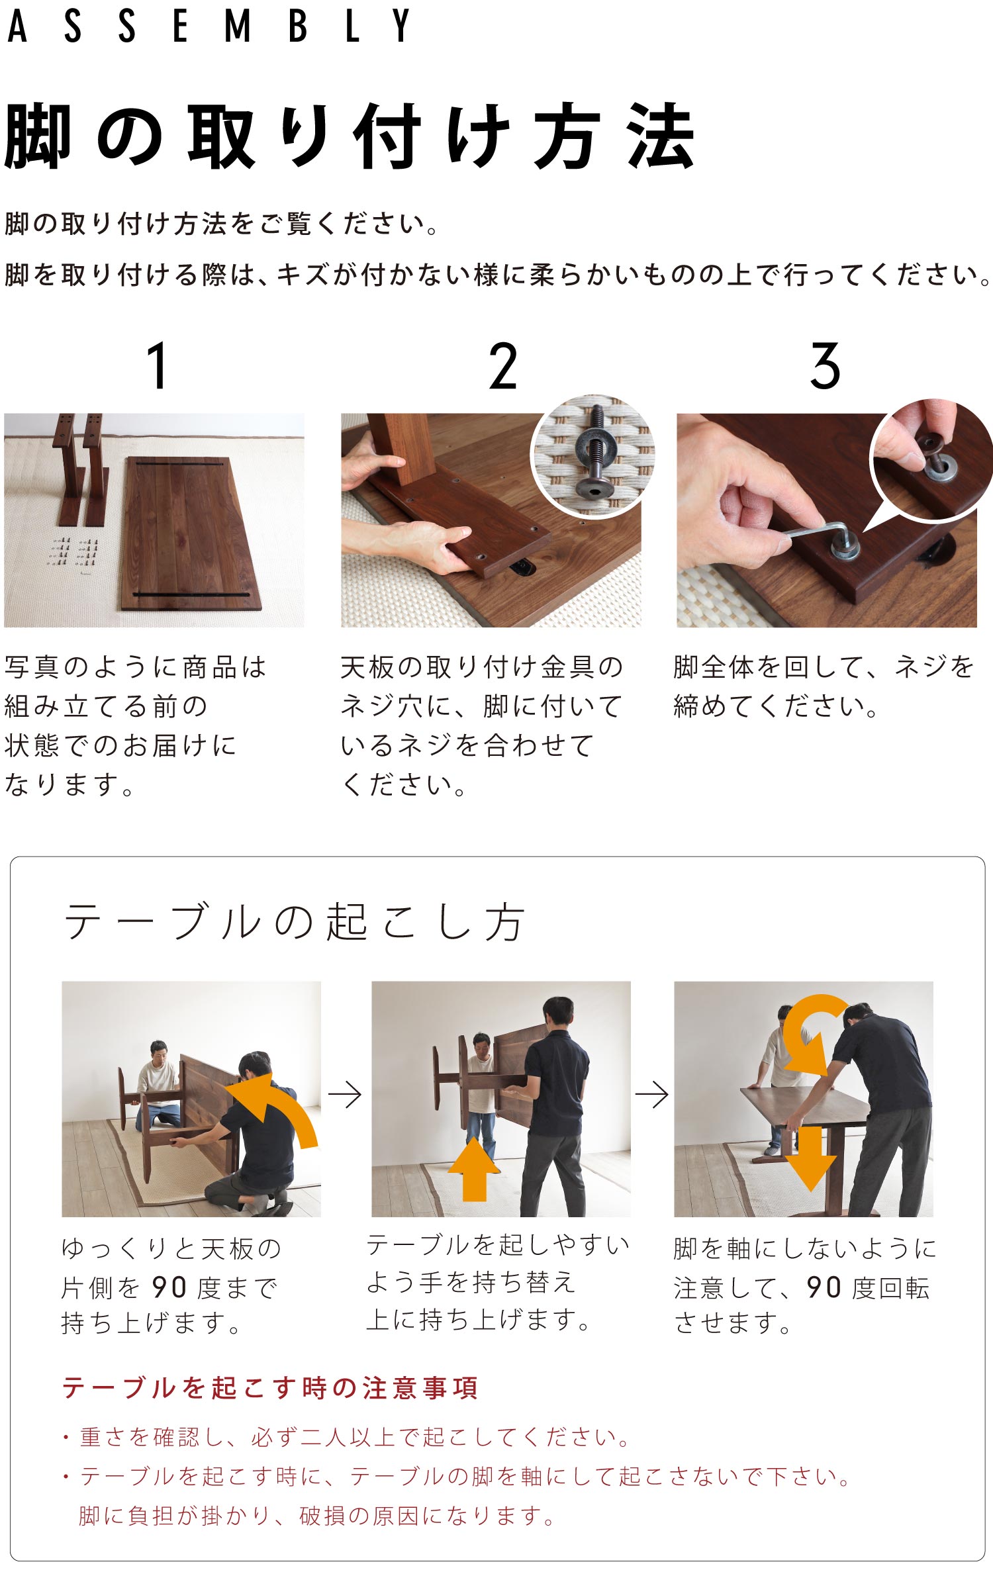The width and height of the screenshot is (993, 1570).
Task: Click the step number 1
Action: (158, 366)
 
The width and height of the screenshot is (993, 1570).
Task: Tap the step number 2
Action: (503, 366)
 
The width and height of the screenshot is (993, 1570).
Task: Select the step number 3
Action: (826, 366)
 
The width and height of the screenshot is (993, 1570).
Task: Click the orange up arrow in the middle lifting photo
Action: (474, 1169)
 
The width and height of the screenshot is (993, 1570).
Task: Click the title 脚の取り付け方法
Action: (350, 136)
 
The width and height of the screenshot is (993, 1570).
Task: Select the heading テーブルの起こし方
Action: (295, 921)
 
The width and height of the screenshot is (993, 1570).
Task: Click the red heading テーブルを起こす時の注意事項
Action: (270, 1388)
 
